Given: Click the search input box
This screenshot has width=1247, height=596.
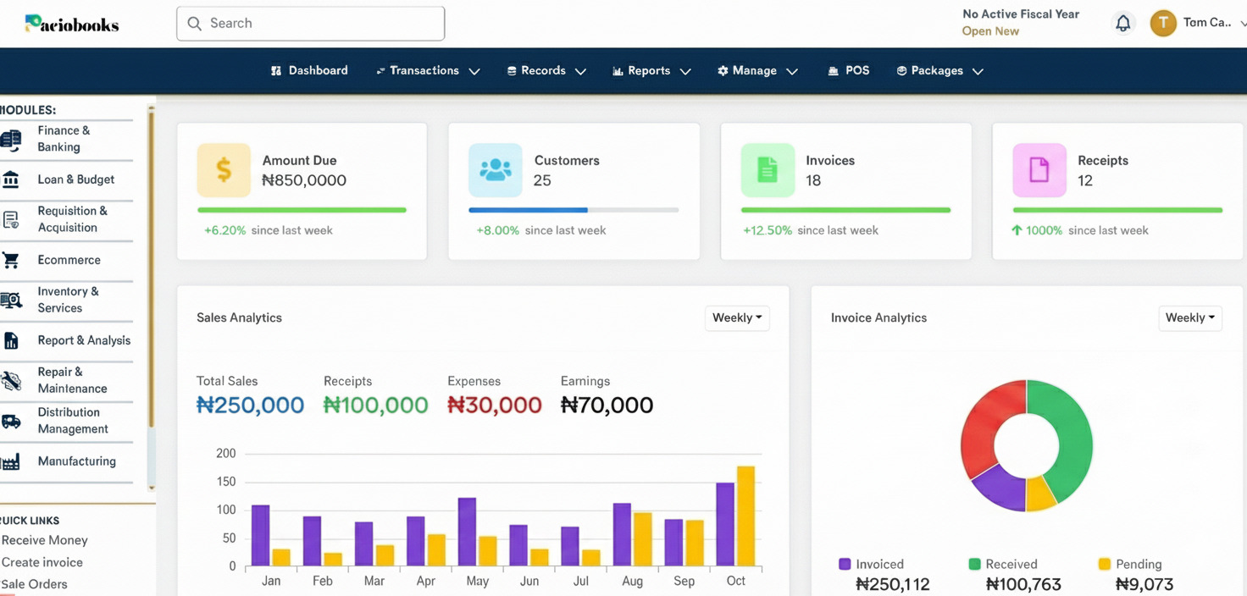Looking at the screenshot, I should pos(310,24).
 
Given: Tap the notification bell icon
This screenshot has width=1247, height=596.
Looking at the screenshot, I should pos(1122,24).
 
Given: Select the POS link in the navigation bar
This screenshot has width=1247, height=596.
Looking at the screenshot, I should pos(849,71).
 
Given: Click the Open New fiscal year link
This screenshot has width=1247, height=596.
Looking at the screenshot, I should pos(990,31).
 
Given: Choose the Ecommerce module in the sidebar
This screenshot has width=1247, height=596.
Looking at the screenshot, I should pos(69,260).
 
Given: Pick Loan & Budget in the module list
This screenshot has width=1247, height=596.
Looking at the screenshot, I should pos(75,179).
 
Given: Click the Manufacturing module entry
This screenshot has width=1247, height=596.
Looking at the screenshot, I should pos(76,461).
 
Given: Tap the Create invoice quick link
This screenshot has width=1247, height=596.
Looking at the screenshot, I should pos(42,562).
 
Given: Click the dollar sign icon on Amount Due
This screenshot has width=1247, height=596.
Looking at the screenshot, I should pos(224,170).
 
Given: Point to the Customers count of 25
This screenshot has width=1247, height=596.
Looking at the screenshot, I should pos(542,180).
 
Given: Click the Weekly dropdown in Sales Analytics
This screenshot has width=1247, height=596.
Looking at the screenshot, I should pos(737,317).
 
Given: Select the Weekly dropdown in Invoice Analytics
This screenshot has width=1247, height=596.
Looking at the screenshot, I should pos(1189,317).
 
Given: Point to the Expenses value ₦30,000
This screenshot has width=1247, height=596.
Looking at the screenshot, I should pos(495,405).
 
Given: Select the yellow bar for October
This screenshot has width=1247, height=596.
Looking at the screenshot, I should pos(745,516).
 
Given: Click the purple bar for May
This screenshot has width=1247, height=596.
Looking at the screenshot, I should pos(467,532).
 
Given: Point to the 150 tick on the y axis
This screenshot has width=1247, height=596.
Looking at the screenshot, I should pos(225,482).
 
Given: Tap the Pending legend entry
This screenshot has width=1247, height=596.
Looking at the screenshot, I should pos(1130,564).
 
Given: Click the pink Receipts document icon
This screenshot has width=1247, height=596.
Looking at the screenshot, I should pos(1039,170).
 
